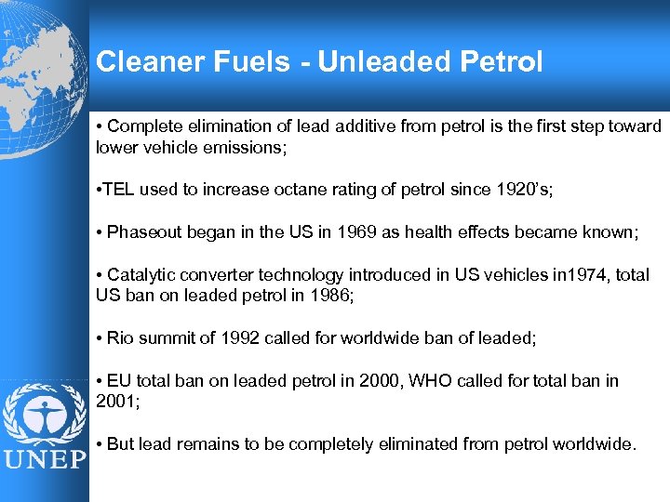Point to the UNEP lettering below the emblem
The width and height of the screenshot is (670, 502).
click(x=44, y=461)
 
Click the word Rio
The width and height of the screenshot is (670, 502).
click(x=121, y=337)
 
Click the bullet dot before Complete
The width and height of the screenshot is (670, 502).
click(x=100, y=125)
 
